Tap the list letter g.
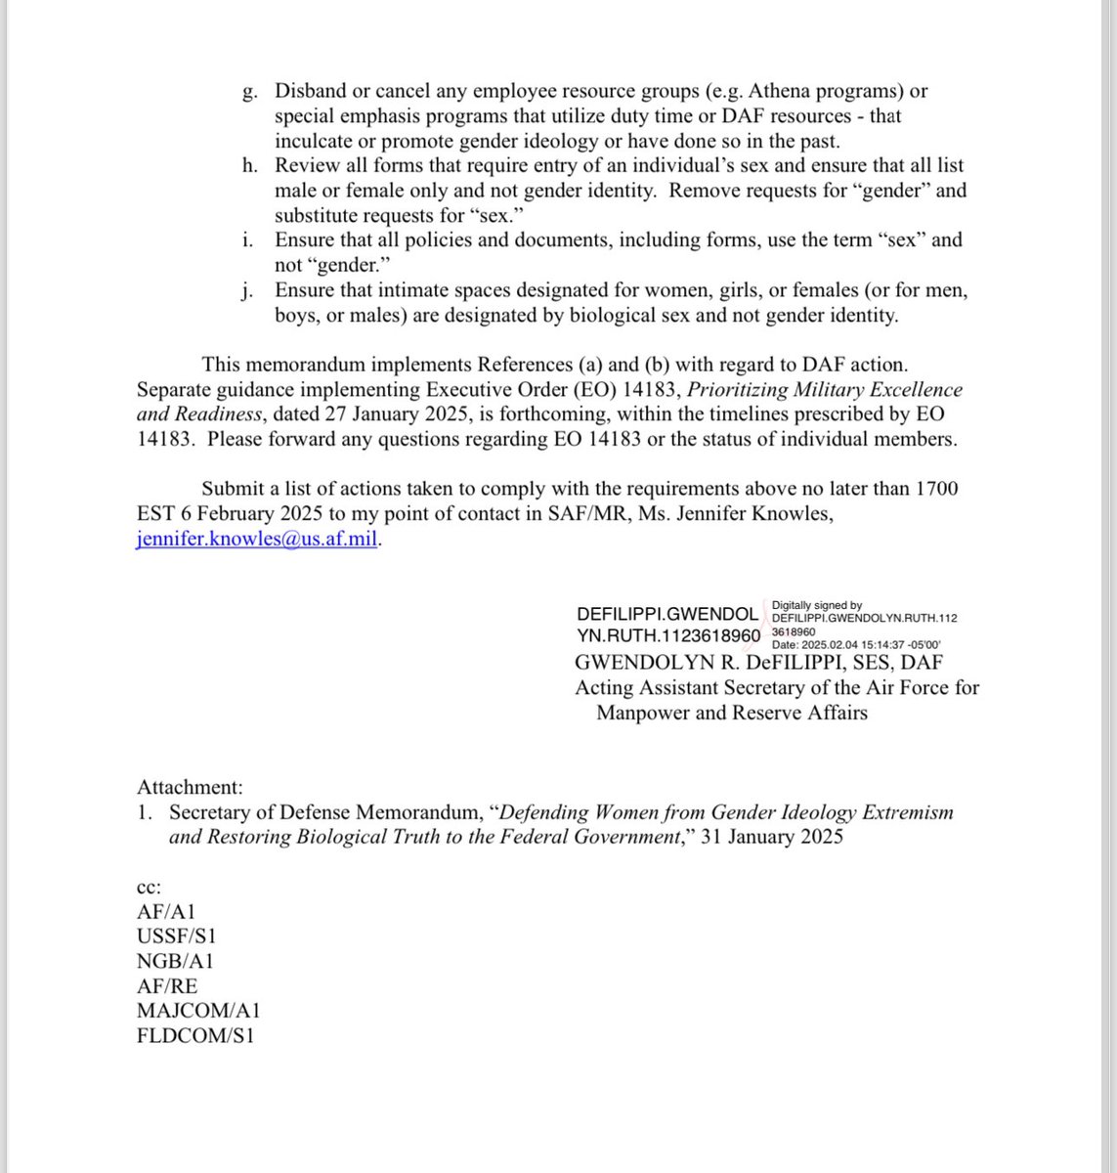(x=249, y=92)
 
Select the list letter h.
(x=249, y=165)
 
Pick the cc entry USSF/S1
(x=177, y=936)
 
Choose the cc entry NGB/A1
(x=175, y=962)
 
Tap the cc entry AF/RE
(x=167, y=986)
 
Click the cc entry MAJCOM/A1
(x=198, y=1012)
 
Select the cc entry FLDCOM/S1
(x=196, y=1037)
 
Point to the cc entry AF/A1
(x=167, y=912)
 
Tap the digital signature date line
(x=856, y=644)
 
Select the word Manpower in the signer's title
(x=641, y=713)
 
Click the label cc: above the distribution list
(x=149, y=887)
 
